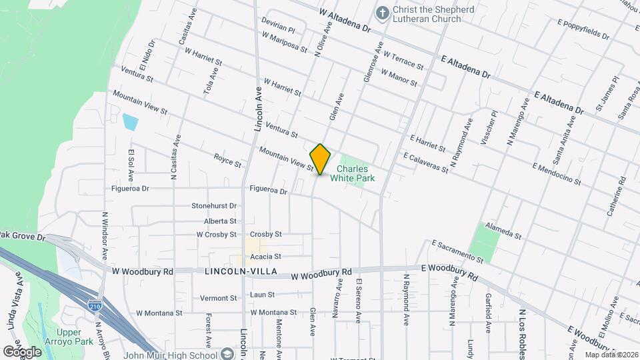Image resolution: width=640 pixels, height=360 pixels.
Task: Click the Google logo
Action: [x=22, y=351]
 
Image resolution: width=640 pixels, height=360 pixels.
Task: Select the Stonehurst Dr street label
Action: [x=214, y=206]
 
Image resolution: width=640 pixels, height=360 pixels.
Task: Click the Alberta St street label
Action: [x=221, y=221]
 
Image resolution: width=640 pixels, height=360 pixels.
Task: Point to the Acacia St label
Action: [x=265, y=256]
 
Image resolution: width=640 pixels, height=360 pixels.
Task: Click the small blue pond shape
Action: [x=130, y=122]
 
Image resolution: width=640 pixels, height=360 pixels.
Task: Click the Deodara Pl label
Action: [x=278, y=27]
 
